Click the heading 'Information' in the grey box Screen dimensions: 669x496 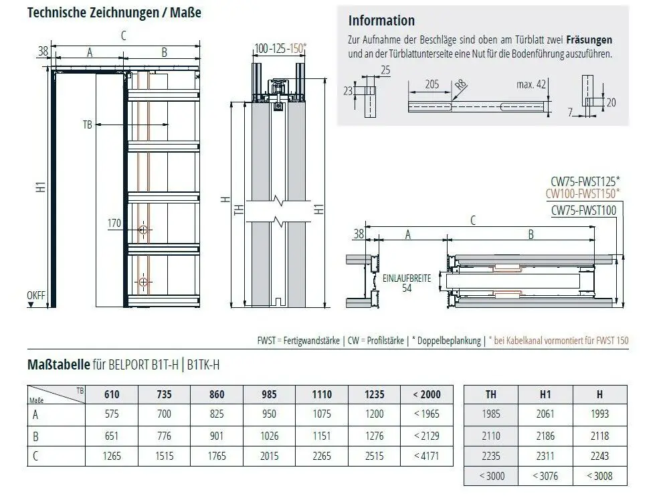[381, 21]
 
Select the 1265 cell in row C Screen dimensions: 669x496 [112, 456]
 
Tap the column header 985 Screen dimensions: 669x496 [269, 394]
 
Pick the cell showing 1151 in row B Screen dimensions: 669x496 [322, 436]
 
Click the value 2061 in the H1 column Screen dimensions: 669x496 [545, 414]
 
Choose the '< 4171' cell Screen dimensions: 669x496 [427, 456]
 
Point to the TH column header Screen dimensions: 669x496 [491, 394]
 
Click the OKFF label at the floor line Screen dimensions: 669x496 [36, 295]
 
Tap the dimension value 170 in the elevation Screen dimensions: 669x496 [114, 223]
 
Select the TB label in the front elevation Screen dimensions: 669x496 [88, 125]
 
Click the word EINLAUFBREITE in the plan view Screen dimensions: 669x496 [407, 278]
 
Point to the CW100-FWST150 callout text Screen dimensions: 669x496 [583, 194]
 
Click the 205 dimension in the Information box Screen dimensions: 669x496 [432, 84]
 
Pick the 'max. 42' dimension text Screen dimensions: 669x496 [531, 84]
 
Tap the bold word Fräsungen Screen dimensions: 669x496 [589, 39]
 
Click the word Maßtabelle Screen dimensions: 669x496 [58, 365]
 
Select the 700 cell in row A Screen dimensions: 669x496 [165, 414]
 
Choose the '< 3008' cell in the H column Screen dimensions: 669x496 [599, 476]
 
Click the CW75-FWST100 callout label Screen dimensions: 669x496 [583, 210]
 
